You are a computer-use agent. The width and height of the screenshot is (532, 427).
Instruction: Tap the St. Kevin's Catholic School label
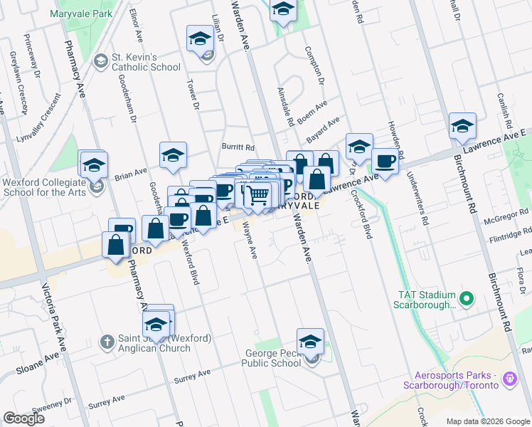146,62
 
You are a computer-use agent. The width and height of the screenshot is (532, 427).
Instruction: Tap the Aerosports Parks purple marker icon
509,379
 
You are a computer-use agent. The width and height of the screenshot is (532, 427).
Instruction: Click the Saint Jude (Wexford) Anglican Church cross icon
107,342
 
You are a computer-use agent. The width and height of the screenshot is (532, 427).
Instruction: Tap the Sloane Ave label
36,364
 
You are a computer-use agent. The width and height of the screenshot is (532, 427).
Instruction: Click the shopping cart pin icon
260,193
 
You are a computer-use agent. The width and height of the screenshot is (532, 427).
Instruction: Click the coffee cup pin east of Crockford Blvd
385,161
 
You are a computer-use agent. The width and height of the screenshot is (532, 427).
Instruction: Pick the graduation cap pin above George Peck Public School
310,342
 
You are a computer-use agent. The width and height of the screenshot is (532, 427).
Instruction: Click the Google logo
25,418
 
